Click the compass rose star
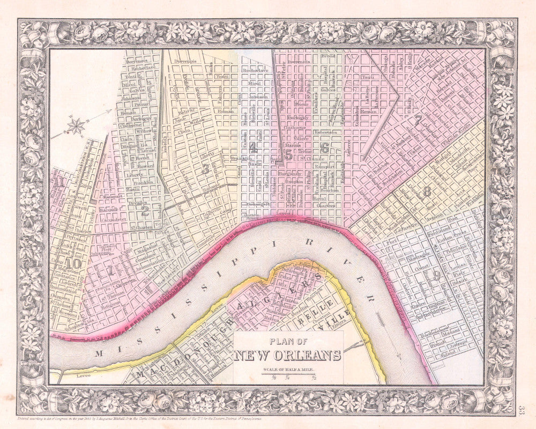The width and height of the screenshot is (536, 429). [77, 126]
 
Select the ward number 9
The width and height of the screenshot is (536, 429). [437, 275]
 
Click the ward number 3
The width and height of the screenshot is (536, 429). [205, 168]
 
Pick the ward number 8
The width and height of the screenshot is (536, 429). [427, 191]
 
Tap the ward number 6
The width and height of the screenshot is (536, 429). [324, 148]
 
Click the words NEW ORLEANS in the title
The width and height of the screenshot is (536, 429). [287, 355]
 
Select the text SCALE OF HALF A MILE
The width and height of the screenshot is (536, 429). [287, 370]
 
